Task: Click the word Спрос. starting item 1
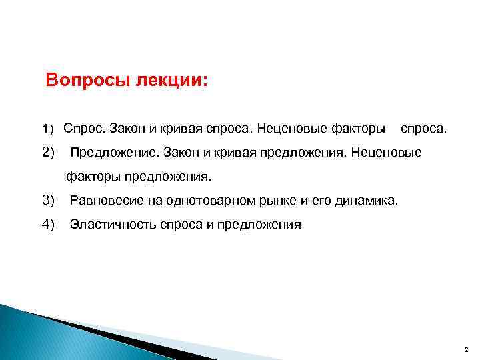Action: pyautogui.click(x=83, y=127)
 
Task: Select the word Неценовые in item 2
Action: pyautogui.click(x=387, y=153)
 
